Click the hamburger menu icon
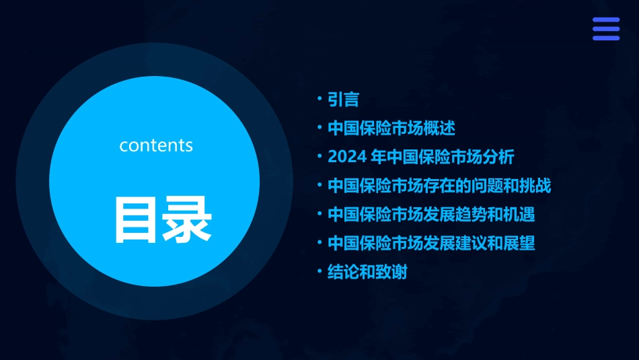[605, 29]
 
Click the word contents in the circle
[156, 145]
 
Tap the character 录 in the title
[188, 219]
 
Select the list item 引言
[343, 100]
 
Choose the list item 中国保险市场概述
[391, 129]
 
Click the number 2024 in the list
[346, 157]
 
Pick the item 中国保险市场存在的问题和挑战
[439, 186]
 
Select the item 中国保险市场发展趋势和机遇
[431, 215]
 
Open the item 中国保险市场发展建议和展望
[431, 243]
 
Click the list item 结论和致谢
[367, 272]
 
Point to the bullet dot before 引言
[320, 99]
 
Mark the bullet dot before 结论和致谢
[320, 271]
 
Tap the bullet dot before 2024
[320, 157]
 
